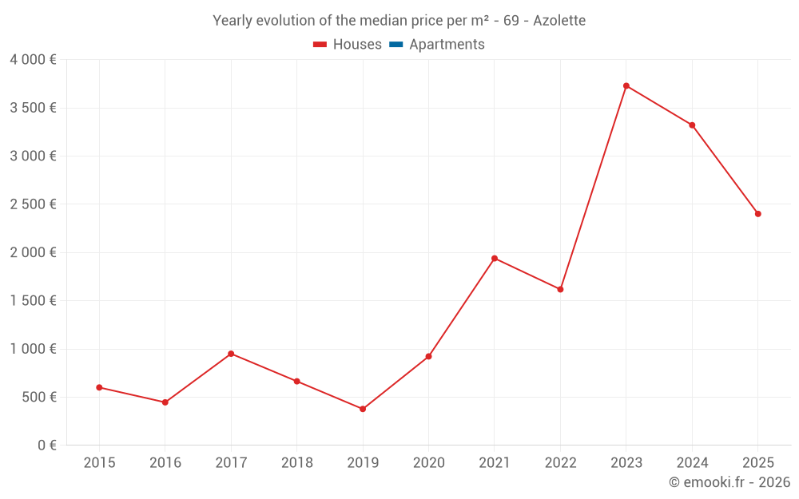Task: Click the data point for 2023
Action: point(626,85)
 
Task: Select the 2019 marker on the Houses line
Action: point(363,409)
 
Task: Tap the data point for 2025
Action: point(758,214)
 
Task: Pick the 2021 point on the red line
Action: point(495,258)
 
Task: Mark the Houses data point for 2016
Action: point(165,402)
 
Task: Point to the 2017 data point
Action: point(231,354)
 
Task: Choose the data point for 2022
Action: point(560,289)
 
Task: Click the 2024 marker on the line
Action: point(692,125)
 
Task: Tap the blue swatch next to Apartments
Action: point(396,45)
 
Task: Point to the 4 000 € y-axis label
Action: point(33,59)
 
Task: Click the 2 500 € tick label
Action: point(33,204)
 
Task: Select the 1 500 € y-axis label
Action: point(33,301)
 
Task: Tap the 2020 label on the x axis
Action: point(428,462)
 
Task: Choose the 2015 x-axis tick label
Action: point(99,462)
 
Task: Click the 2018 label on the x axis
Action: point(296,462)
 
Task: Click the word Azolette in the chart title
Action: point(559,20)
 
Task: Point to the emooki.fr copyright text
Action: point(729,482)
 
